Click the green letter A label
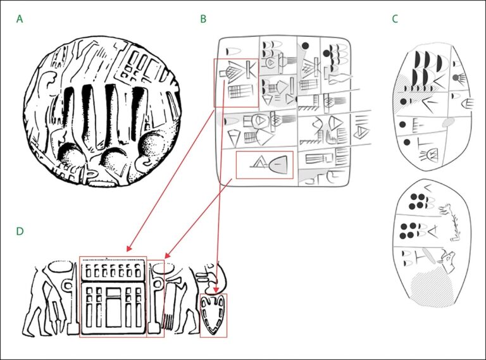click(x=20, y=19)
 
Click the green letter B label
click(x=203, y=19)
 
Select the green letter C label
click(x=395, y=19)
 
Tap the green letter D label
click(x=20, y=231)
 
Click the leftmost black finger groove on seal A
click(x=68, y=117)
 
